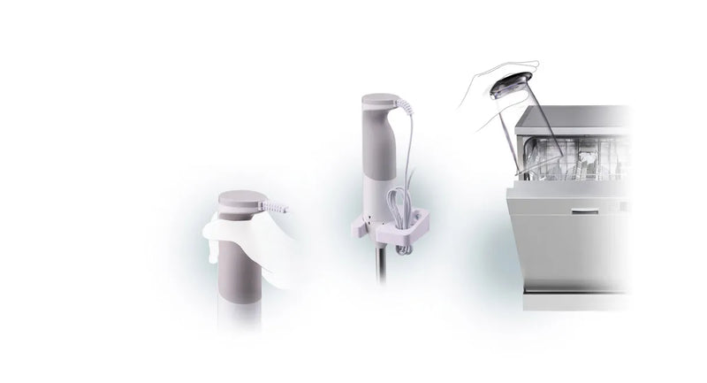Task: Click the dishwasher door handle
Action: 588,211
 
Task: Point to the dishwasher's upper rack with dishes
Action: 574,159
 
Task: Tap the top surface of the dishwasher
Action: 574,115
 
